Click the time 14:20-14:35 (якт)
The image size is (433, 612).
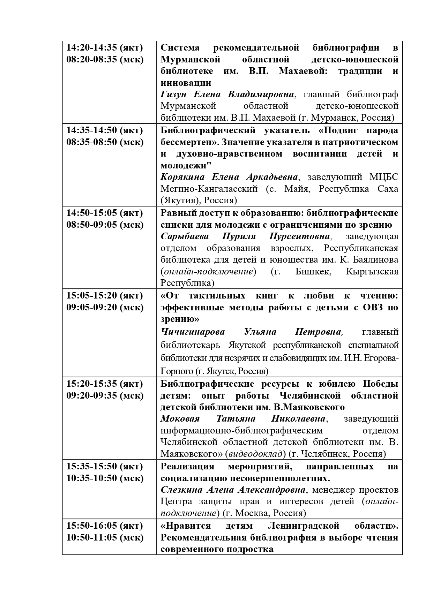105,47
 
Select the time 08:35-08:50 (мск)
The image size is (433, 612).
105,142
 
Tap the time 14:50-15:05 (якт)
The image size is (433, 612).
105,213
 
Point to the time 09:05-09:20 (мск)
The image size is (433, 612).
105,307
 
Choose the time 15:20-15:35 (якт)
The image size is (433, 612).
105,384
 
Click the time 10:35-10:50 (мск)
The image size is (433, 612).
105,478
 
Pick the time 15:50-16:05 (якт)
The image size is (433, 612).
105,525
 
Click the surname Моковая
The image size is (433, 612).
180,418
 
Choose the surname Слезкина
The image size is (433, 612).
181,490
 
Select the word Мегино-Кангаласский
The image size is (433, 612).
209,189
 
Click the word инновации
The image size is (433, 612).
186,83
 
